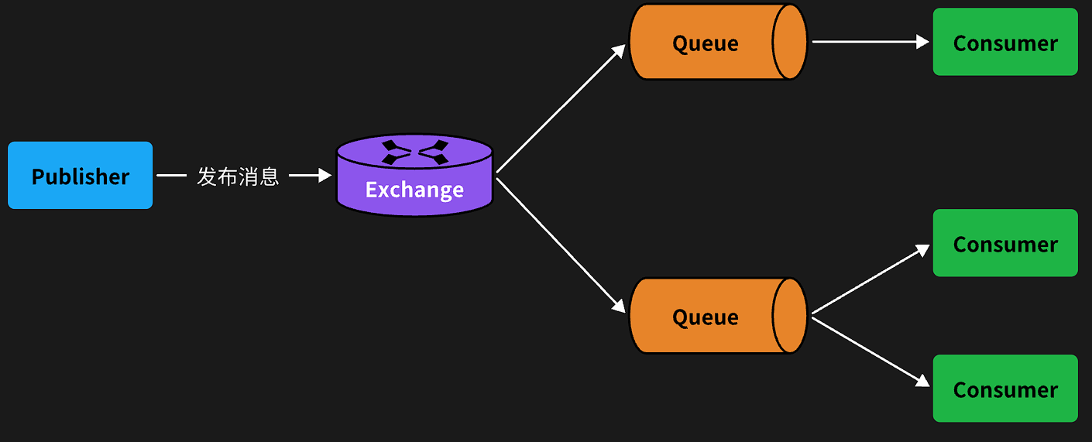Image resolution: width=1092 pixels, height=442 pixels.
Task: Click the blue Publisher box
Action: (80, 175)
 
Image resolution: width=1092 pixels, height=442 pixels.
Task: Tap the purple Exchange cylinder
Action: (414, 176)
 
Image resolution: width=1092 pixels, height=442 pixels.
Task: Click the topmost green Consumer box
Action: (1004, 42)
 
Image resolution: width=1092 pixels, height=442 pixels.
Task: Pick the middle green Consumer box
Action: (1004, 243)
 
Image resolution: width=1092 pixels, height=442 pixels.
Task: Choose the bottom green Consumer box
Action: (1004, 389)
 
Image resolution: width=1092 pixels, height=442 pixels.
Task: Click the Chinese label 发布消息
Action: (238, 176)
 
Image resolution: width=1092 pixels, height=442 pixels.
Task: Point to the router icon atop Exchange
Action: (414, 151)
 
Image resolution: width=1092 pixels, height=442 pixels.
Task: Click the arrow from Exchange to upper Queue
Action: (559, 108)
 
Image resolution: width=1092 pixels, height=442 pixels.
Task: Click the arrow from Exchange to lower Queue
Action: (559, 244)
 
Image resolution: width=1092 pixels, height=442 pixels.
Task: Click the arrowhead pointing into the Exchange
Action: (325, 176)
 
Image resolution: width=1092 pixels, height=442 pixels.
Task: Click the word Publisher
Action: (80, 176)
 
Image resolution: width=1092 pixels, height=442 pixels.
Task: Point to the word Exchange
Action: (414, 190)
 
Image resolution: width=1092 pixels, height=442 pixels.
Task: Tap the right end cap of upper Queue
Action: (791, 42)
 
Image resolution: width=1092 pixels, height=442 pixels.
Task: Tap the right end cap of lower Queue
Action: (791, 316)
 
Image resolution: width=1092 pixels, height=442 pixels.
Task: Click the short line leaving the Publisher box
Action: (171, 176)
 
